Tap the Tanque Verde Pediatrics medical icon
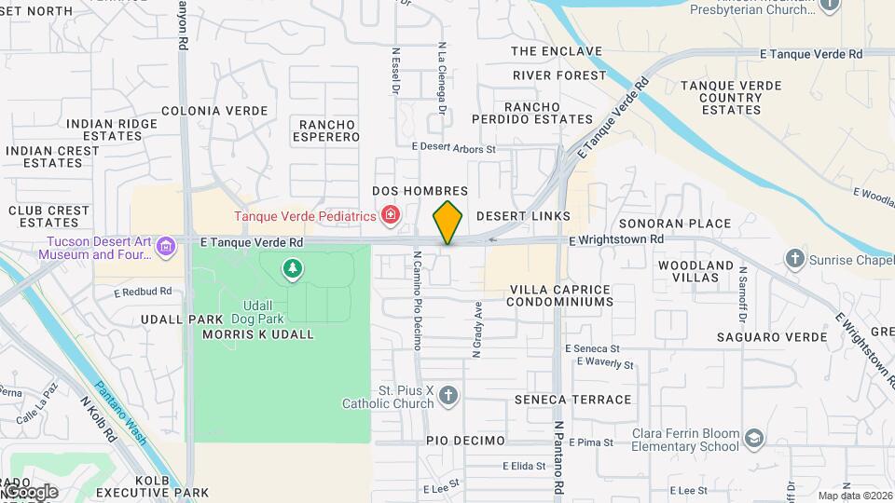click(x=391, y=217)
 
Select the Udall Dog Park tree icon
click(x=293, y=269)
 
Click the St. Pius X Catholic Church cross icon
click(x=448, y=396)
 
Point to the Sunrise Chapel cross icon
click(x=794, y=257)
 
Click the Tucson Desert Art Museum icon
click(x=167, y=247)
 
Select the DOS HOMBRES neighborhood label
click(x=420, y=191)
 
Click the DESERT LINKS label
click(x=523, y=216)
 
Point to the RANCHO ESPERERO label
click(x=328, y=130)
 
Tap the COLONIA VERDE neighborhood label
click(x=214, y=111)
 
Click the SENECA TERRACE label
click(x=572, y=400)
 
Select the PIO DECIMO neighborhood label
click(x=465, y=441)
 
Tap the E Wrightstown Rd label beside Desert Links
click(x=616, y=239)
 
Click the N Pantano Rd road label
click(x=559, y=456)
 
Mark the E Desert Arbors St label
click(x=454, y=147)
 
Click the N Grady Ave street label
click(x=477, y=331)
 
